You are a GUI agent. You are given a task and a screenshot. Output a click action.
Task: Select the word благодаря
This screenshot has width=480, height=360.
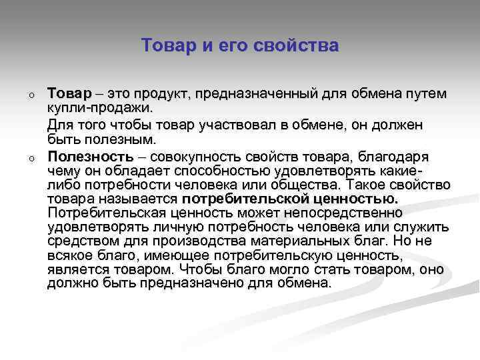[394, 157]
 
